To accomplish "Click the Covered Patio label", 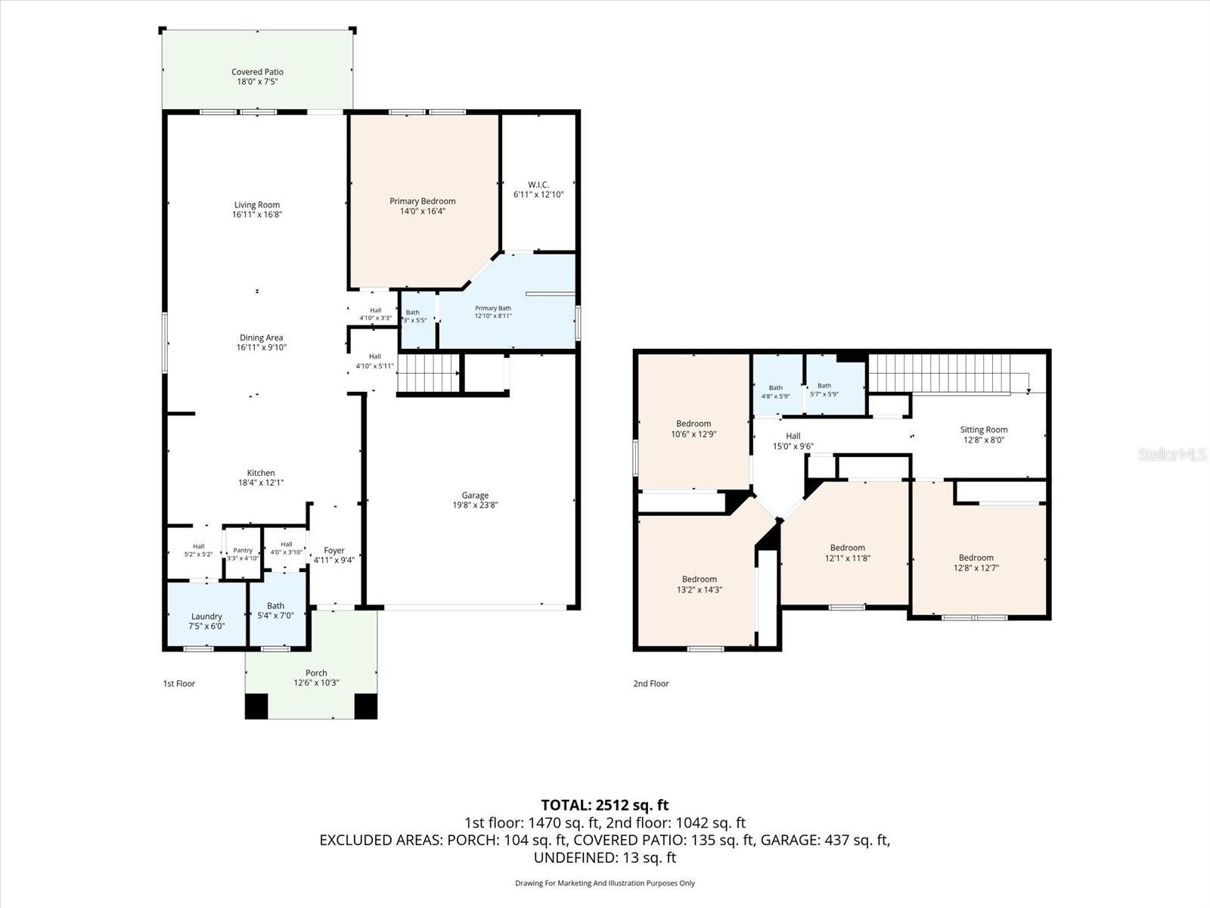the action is coord(257,72).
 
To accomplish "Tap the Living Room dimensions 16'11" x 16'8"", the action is coord(257,214).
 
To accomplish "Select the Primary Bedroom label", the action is coord(422,201).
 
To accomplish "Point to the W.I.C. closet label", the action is coord(538,185).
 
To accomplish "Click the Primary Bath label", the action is coord(493,308).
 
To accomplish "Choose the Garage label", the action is coord(475,495).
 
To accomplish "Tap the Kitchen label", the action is coord(261,472).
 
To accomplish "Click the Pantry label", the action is coord(243,550).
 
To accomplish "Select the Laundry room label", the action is coord(206,617).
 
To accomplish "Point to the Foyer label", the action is coord(334,550).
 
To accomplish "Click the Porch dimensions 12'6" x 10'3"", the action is coord(316,683).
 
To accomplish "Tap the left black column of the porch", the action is coord(256,706).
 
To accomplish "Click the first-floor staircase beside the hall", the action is coord(428,373).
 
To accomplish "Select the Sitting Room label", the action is coord(983,430).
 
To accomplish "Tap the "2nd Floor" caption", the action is coord(650,683).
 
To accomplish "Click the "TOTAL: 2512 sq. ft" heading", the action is coord(605,805).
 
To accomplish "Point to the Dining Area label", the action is coord(262,337).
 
